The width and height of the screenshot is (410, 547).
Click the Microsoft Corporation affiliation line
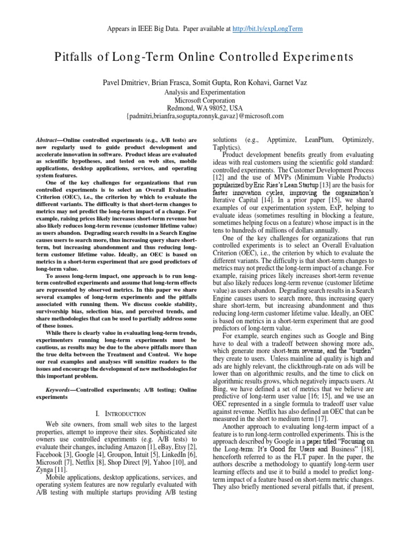(x=205, y=99)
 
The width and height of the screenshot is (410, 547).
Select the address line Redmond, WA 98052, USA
(x=205, y=107)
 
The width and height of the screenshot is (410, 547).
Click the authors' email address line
(x=205, y=115)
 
